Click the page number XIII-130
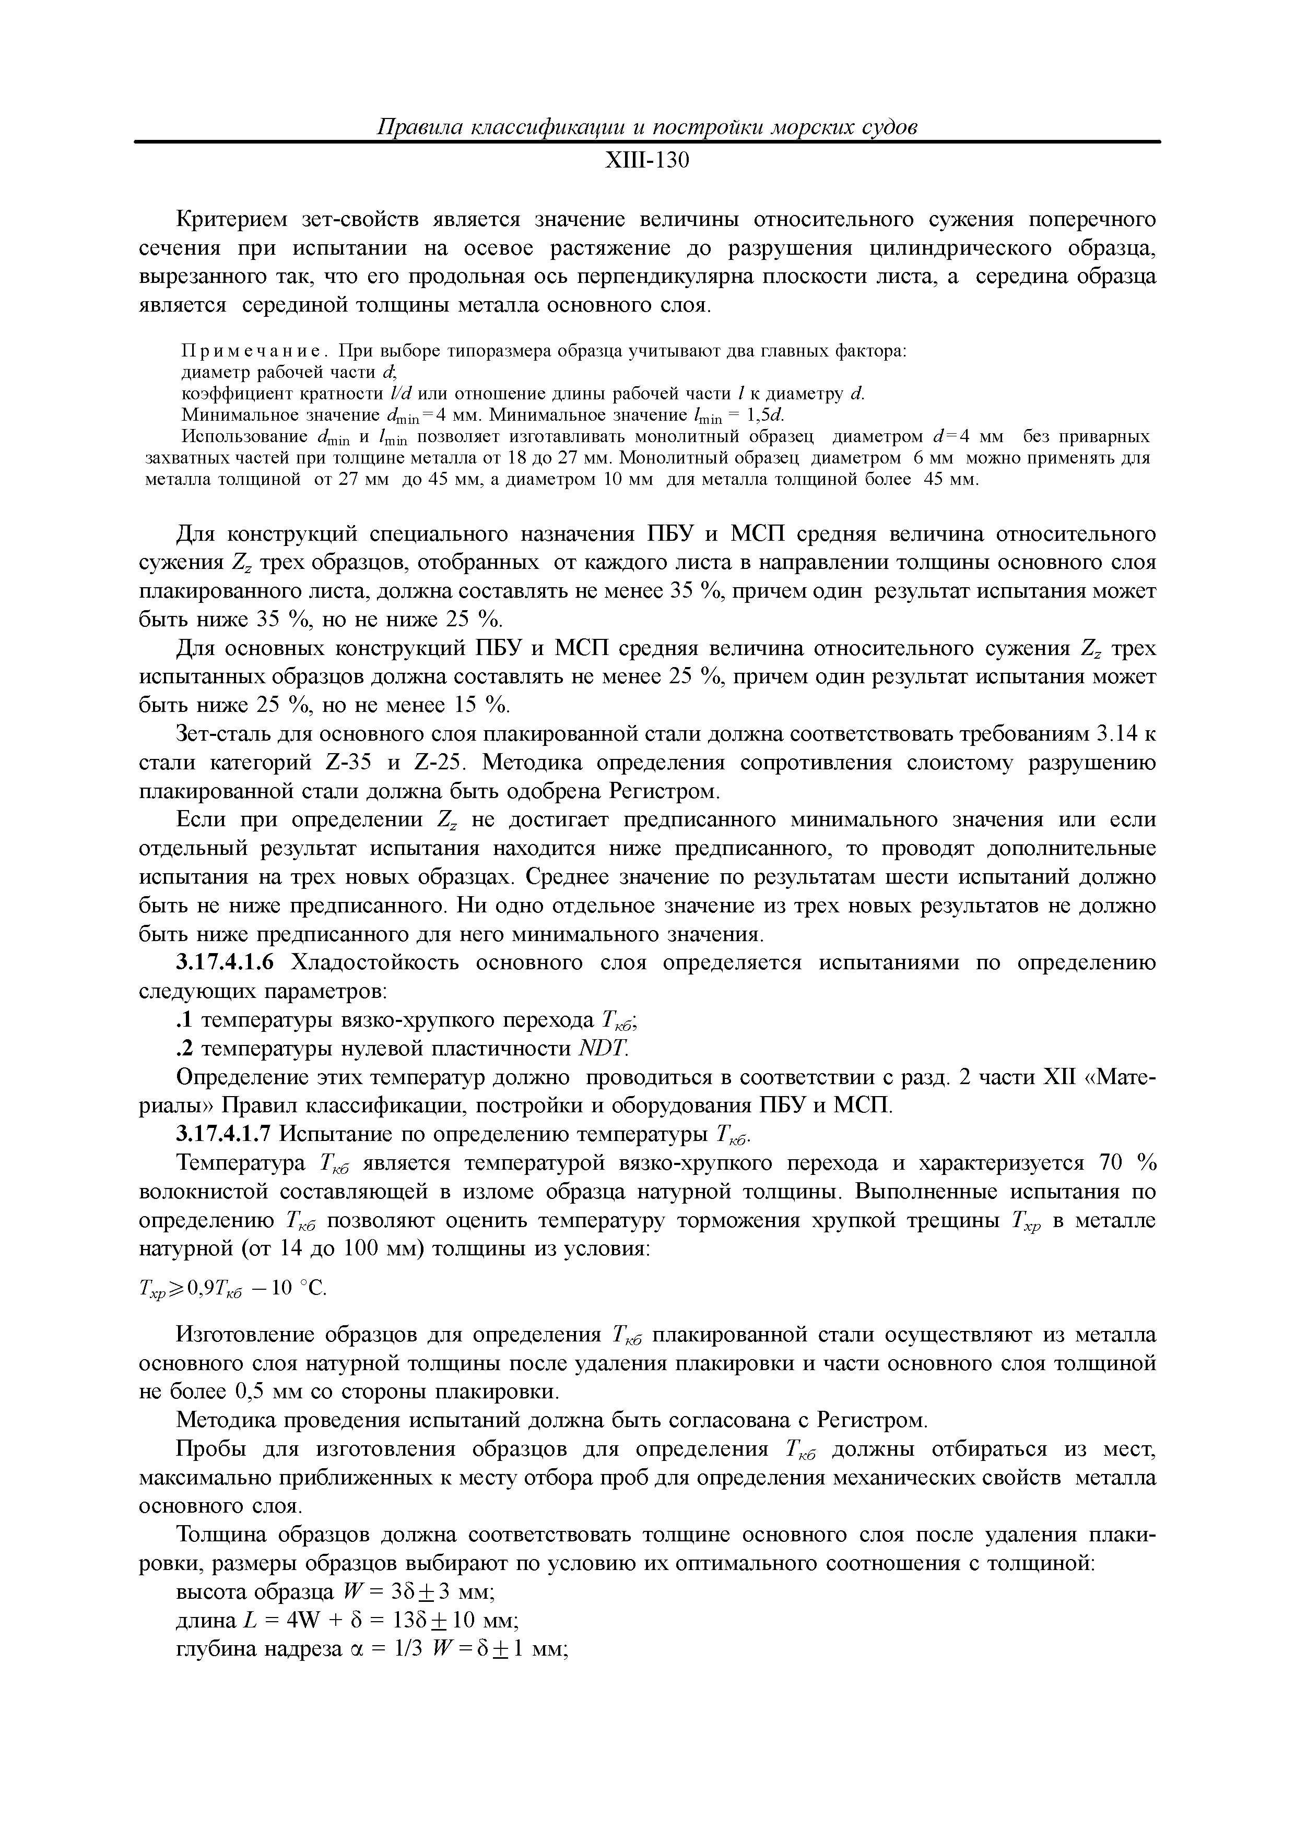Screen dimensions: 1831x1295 point(646,162)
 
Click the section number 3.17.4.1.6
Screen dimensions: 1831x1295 point(225,964)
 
